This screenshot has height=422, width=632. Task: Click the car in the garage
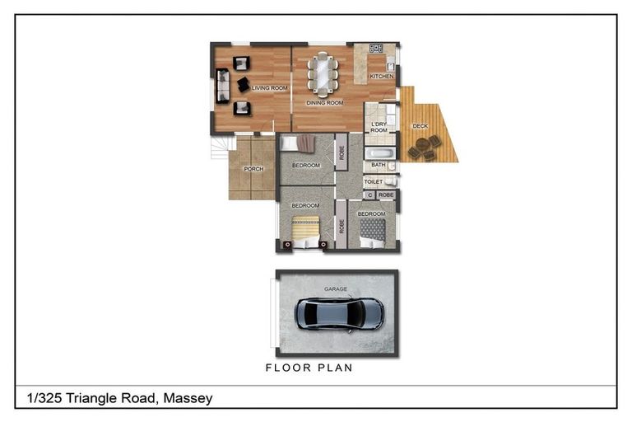coord(339,313)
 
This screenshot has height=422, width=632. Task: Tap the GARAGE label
coord(335,289)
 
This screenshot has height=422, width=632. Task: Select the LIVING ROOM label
coord(269,87)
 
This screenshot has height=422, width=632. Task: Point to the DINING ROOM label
coord(324,103)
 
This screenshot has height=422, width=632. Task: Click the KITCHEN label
coord(381,77)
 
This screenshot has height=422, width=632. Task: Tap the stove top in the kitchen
coord(375,49)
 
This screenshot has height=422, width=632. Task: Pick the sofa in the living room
coord(221,86)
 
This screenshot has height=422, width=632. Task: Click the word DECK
coord(420,126)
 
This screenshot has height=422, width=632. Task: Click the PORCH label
coord(253,170)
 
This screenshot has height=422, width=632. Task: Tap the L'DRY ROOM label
coord(379,128)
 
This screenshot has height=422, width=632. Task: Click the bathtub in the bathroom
coord(380,152)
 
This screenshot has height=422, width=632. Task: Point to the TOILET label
coord(374,181)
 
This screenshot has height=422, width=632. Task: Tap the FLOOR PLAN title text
coord(309,368)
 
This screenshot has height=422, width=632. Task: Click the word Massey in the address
coord(188,398)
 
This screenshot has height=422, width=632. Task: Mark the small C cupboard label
coord(369,195)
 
